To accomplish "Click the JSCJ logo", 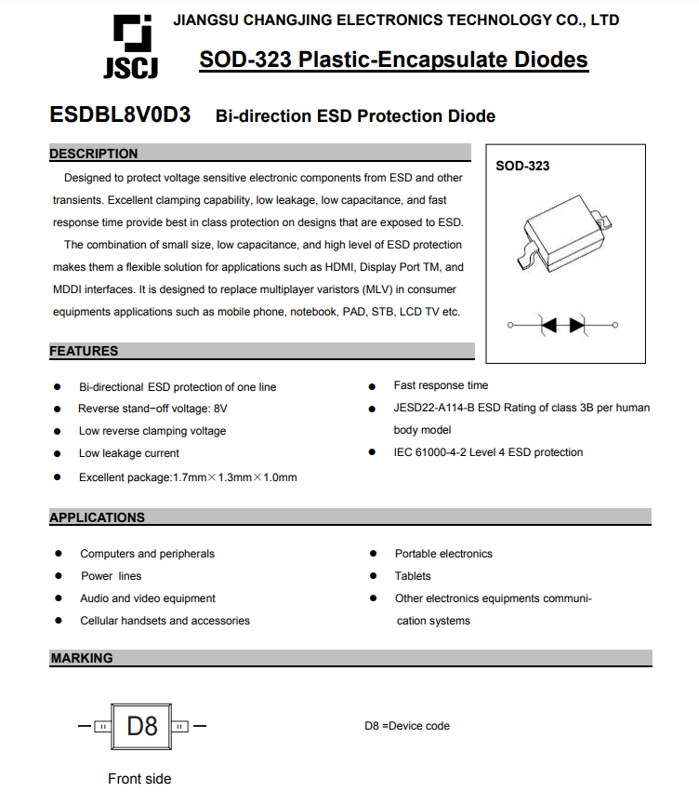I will coord(130,47).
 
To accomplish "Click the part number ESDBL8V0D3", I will coord(120,115).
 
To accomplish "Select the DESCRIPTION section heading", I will coord(94,154).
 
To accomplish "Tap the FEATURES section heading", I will coord(85,351).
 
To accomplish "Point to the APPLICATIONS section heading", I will coord(98,517).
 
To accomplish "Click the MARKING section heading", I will coord(82,658).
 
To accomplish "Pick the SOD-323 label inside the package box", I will coord(522,166).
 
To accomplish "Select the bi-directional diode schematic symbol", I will coord(563,325).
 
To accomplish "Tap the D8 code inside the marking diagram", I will coord(142,725).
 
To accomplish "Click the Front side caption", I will coord(139,779).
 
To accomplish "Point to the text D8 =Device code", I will coord(407,726).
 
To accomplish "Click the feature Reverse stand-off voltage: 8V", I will coord(152,409).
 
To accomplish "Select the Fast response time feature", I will coord(441,385).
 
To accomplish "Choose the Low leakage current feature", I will coord(129,453).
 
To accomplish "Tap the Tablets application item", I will coord(413,576).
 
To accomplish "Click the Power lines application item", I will coord(112,576).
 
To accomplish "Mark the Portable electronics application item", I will coord(443,554).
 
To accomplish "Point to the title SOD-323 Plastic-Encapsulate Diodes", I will coord(393,60).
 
